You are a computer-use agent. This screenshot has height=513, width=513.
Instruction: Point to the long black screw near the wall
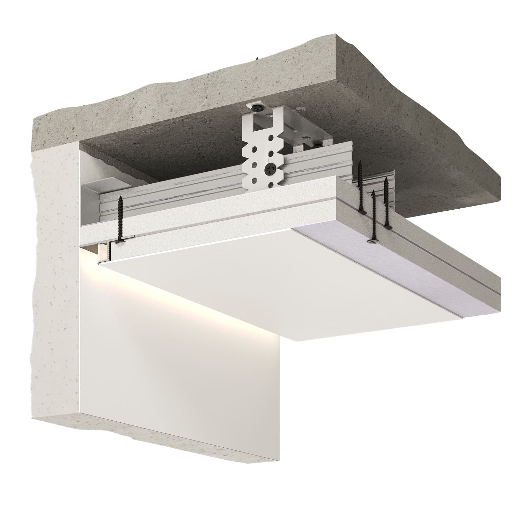(x=120, y=219)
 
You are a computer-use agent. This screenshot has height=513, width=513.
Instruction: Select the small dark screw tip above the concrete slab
(x=255, y=58)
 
